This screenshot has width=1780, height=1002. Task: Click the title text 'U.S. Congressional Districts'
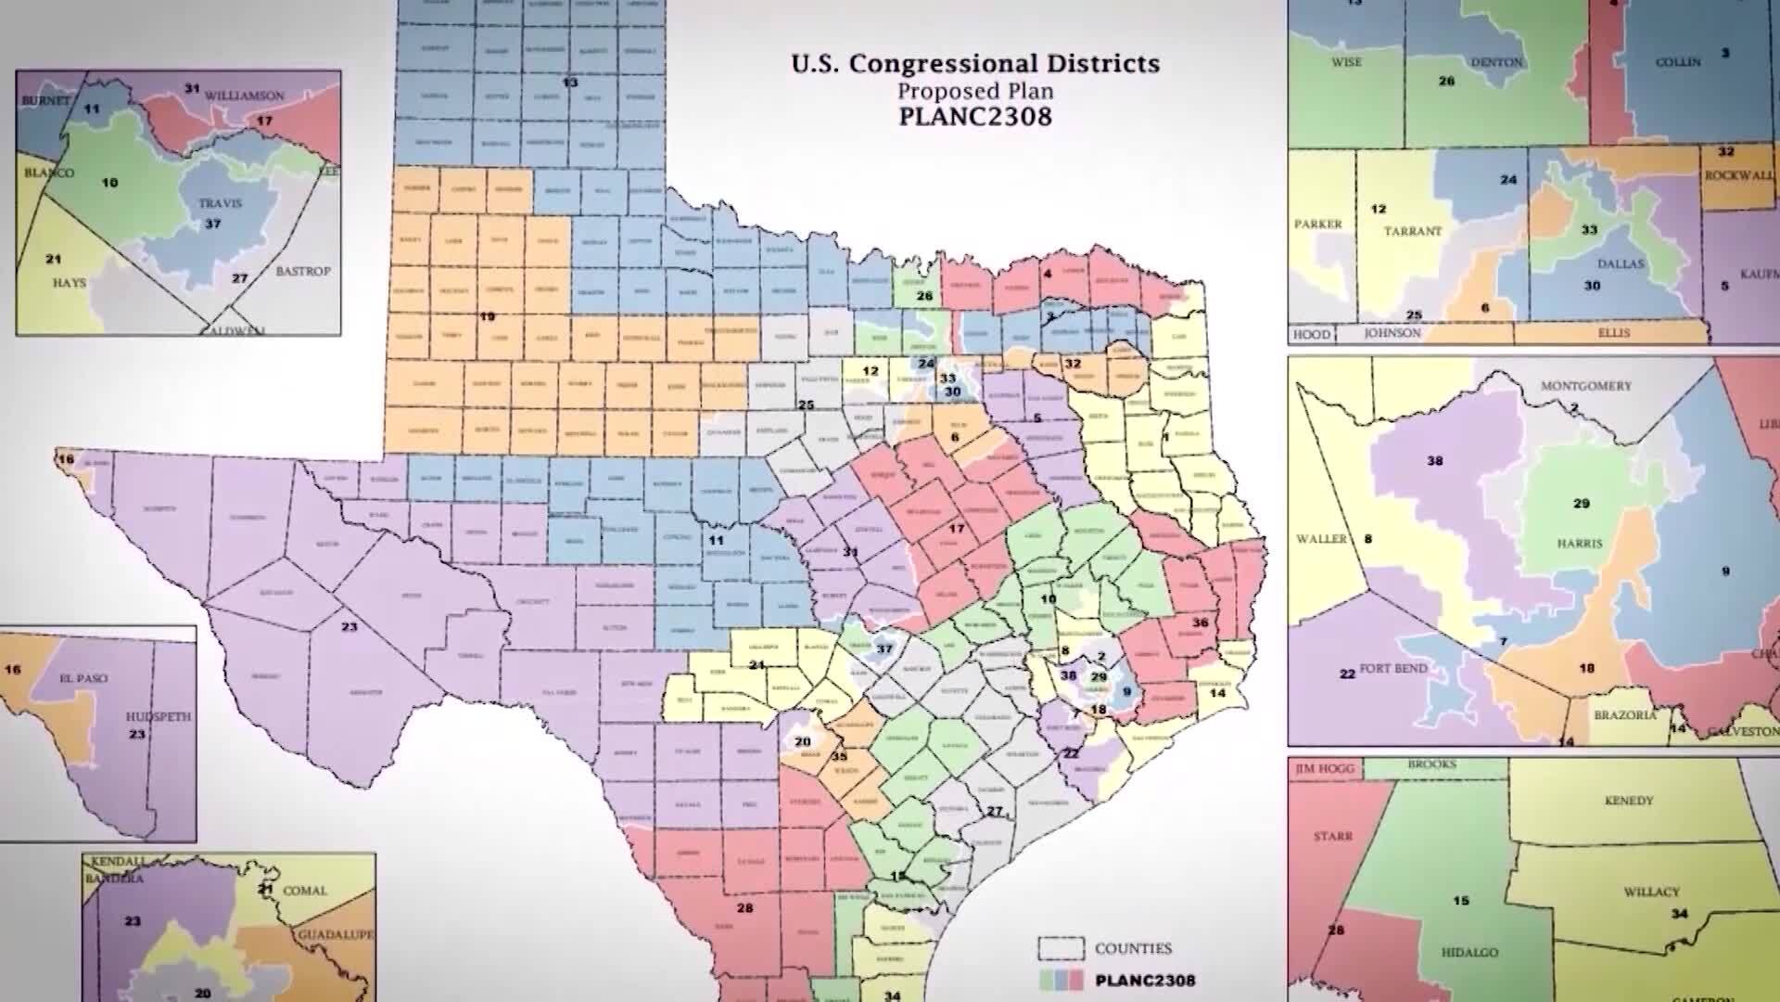975,64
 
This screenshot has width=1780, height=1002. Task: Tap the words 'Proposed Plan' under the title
975,92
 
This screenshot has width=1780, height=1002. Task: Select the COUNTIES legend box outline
1061,948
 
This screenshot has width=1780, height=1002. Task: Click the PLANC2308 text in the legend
1145,980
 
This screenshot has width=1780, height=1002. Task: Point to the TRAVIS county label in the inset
220,202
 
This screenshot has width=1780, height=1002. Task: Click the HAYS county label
69,282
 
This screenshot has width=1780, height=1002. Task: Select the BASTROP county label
302,271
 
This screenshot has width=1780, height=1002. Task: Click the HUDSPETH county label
159,716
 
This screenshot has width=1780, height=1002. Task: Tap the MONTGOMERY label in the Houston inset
1585,386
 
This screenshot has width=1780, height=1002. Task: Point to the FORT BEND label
1393,668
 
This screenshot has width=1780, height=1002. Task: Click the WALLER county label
1321,539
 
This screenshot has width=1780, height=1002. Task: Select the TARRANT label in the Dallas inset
1413,231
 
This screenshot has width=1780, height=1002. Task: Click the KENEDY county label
1628,801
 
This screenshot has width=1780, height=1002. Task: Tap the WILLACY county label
1651,892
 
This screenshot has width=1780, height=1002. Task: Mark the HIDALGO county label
1469,953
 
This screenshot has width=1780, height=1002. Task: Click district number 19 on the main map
487,316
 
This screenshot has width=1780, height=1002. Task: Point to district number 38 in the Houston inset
1435,461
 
